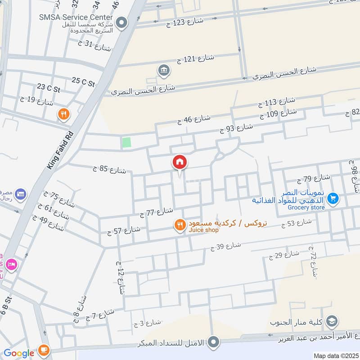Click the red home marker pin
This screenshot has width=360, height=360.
(x=180, y=162)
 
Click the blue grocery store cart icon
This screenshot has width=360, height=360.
(x=333, y=198)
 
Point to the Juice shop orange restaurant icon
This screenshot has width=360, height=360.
(x=180, y=225)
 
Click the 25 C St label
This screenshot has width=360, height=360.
(x=83, y=82)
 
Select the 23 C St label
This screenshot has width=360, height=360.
(x=49, y=86)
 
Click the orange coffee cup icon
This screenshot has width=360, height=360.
(x=43, y=349)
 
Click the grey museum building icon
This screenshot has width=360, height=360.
(x=162, y=70)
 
